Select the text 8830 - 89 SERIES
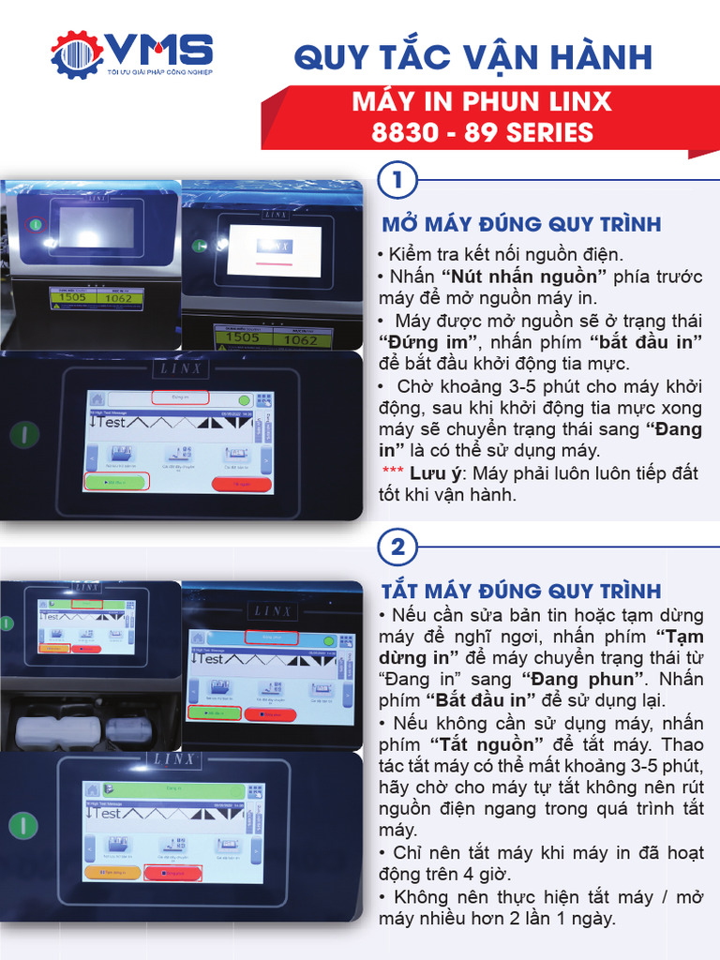click(x=483, y=132)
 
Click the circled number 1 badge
click(x=397, y=181)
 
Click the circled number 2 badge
click(x=397, y=547)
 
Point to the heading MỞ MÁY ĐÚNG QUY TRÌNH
click(x=521, y=224)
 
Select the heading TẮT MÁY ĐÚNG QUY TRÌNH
click(x=520, y=591)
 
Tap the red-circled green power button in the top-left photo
click(x=35, y=224)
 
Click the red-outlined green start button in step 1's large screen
click(x=116, y=482)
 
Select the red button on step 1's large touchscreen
click(x=241, y=484)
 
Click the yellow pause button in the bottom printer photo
click(x=112, y=871)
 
